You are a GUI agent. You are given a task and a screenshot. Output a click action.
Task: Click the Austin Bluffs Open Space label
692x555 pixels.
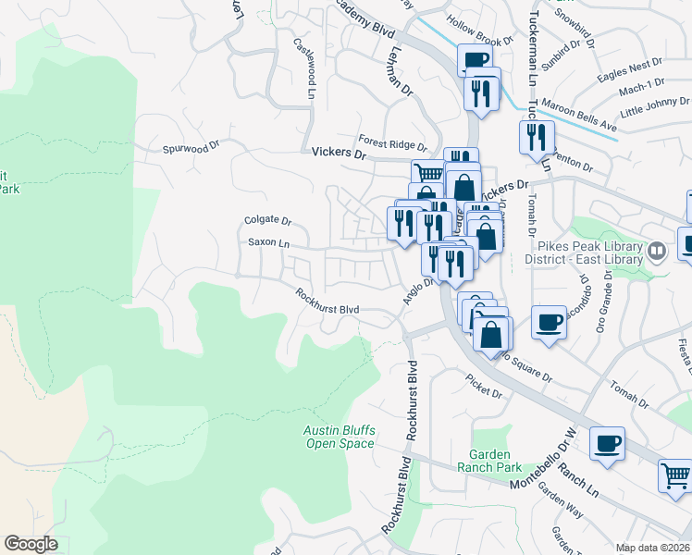coord(340,437)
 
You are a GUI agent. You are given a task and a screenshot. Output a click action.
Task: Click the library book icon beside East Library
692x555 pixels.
coord(656,250)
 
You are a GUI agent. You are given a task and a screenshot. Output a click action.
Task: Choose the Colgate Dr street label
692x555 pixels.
coord(267,221)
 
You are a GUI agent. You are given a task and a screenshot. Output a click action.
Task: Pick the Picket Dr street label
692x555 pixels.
coord(484,393)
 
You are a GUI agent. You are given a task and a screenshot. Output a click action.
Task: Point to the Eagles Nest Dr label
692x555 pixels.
coord(631,65)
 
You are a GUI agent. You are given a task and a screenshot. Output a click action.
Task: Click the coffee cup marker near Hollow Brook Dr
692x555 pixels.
coord(475,61)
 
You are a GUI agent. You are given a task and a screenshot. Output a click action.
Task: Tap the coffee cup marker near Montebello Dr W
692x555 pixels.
coord(607,444)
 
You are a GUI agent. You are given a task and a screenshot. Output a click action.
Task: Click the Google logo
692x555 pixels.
coord(31,544)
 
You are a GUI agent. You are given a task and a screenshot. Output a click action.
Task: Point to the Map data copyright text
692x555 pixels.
coord(652,548)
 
